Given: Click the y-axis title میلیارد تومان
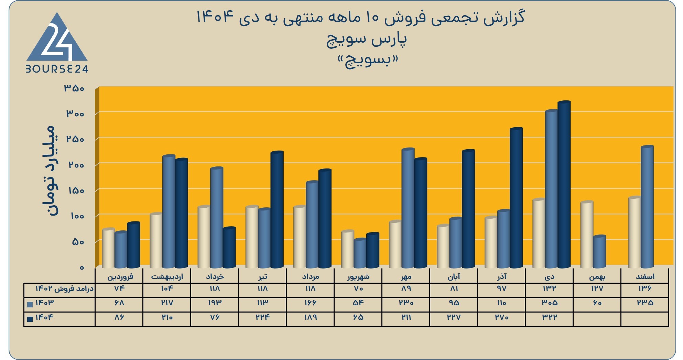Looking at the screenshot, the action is click(48, 171).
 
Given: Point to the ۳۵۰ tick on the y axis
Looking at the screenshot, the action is click(74, 88).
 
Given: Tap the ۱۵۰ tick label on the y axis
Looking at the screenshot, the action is click(76, 190).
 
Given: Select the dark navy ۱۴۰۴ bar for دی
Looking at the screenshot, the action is click(564, 184).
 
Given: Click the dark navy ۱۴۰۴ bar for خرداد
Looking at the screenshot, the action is click(229, 248).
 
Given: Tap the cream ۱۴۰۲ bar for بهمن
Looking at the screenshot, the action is click(587, 234).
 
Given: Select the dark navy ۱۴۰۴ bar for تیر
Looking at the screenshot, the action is click(277, 209).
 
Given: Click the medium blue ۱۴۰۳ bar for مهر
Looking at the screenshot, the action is click(408, 208).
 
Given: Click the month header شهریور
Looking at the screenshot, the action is click(358, 276).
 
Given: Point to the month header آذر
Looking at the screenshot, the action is click(502, 276).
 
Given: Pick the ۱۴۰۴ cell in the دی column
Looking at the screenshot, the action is click(550, 317).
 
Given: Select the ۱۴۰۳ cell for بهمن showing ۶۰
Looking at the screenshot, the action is click(597, 303).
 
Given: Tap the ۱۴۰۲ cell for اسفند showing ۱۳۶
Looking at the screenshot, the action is click(645, 288).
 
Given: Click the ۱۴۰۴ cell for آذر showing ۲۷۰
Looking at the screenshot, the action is click(502, 317).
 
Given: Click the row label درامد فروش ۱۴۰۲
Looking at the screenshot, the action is click(64, 288).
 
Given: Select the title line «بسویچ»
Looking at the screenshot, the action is click(367, 61).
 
